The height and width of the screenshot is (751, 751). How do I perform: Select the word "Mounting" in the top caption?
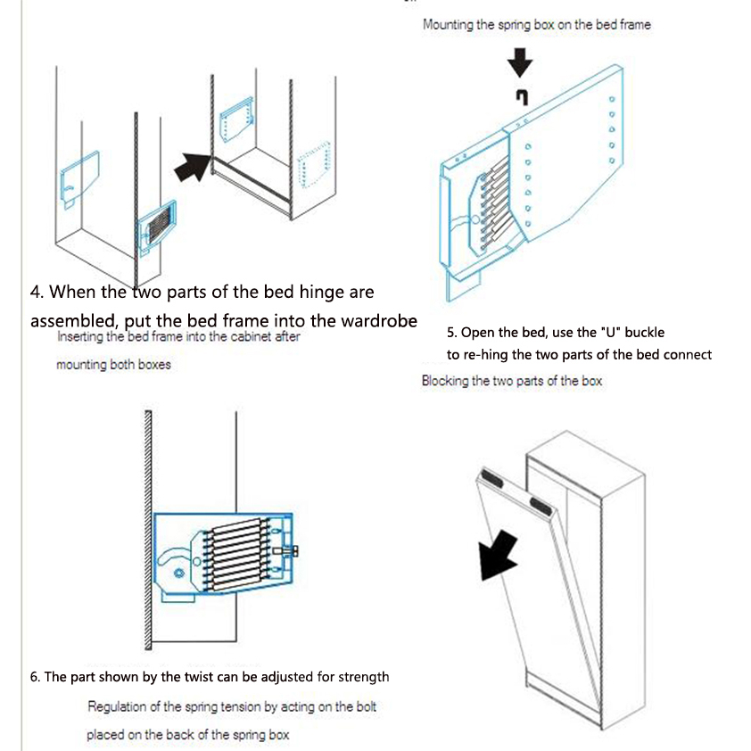point(448,25)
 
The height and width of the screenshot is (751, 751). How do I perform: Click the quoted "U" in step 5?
point(610,332)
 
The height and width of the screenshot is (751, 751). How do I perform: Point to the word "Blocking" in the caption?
point(444,381)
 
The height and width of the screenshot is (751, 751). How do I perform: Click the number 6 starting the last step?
point(34,677)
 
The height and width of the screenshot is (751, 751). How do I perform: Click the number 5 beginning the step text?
point(451,332)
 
